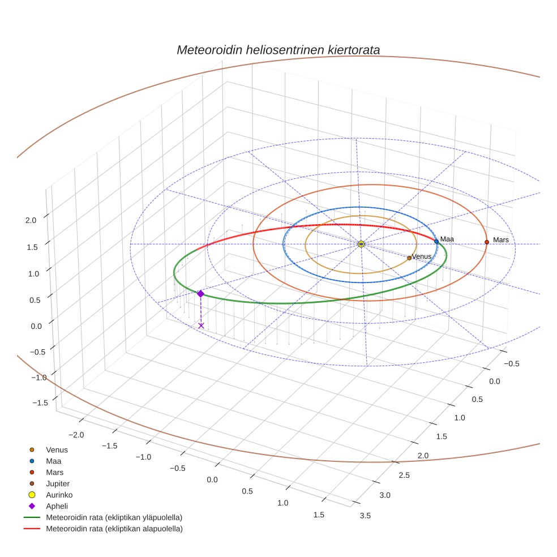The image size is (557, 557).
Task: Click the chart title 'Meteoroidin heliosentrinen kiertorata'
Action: [278, 50]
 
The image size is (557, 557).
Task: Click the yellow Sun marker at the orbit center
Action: [361, 244]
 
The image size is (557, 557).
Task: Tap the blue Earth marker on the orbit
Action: [436, 242]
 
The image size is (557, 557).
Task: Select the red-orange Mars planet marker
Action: [487, 242]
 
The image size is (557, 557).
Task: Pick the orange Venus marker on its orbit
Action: [409, 258]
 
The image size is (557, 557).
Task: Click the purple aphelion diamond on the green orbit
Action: [200, 293]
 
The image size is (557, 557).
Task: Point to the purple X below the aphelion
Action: [201, 325]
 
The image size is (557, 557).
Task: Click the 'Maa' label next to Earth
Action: [447, 239]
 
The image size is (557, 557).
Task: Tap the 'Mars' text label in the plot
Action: [501, 240]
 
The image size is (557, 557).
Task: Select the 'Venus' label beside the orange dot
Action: [422, 256]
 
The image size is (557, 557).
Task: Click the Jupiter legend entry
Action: [58, 483]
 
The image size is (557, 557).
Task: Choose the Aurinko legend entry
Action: [58, 495]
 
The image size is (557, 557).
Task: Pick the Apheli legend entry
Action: [57, 506]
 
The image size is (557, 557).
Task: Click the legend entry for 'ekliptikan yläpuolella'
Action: [114, 517]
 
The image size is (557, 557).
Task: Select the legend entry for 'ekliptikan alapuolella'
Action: [114, 529]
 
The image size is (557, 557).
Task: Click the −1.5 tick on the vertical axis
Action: [40, 402]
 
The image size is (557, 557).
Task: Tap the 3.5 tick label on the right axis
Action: [365, 515]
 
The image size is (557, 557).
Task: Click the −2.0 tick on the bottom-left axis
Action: [76, 434]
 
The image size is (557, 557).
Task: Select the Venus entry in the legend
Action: [57, 449]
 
